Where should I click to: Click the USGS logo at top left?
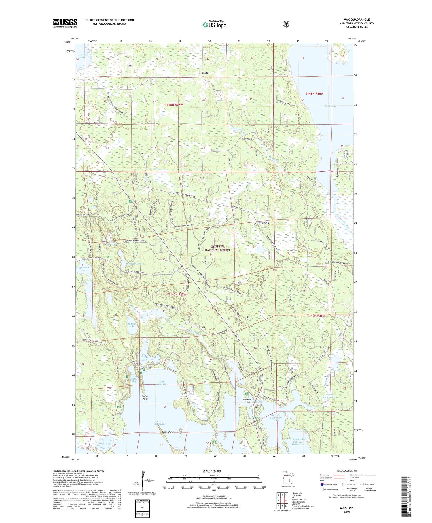(x=65, y=23)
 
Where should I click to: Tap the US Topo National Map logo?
(x=214, y=24)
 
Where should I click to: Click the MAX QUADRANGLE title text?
(x=357, y=20)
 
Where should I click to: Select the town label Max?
(x=205, y=73)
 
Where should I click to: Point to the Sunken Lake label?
(x=132, y=325)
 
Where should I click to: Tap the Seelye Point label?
(x=145, y=398)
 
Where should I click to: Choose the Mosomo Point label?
(x=247, y=401)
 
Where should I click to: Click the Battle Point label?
(x=167, y=432)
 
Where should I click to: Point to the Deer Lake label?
(x=104, y=443)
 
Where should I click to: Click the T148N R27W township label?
(x=174, y=105)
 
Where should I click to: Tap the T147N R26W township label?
(x=316, y=316)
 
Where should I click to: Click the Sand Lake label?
(x=330, y=106)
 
